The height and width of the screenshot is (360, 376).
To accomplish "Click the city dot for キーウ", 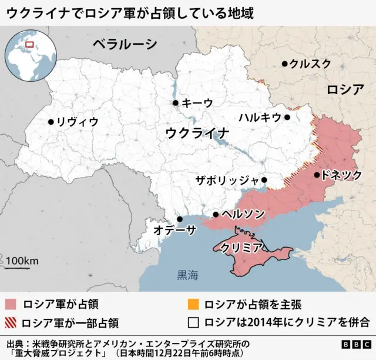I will (x=175, y=103).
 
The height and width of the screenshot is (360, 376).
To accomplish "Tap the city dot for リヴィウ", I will (x=51, y=122).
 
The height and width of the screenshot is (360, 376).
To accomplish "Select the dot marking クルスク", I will (x=284, y=64).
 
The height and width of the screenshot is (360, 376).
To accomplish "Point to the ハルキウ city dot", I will (x=287, y=117).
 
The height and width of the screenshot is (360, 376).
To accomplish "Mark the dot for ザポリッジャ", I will (x=264, y=180).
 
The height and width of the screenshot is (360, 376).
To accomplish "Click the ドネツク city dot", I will (x=317, y=175).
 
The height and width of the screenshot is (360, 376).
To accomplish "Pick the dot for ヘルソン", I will (x=216, y=215).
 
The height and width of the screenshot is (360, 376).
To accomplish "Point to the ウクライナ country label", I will (x=197, y=132).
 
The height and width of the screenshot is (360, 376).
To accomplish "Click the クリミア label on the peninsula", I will (x=241, y=248).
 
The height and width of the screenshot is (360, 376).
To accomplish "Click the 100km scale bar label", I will (x=22, y=261).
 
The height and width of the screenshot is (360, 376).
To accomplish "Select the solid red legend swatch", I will (x=10, y=305).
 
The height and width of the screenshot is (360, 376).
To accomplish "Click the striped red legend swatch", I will (x=10, y=322).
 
